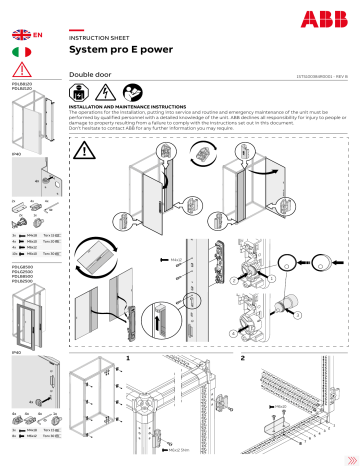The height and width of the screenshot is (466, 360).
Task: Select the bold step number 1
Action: (129, 355)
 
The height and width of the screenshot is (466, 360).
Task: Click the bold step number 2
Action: (242, 355)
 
